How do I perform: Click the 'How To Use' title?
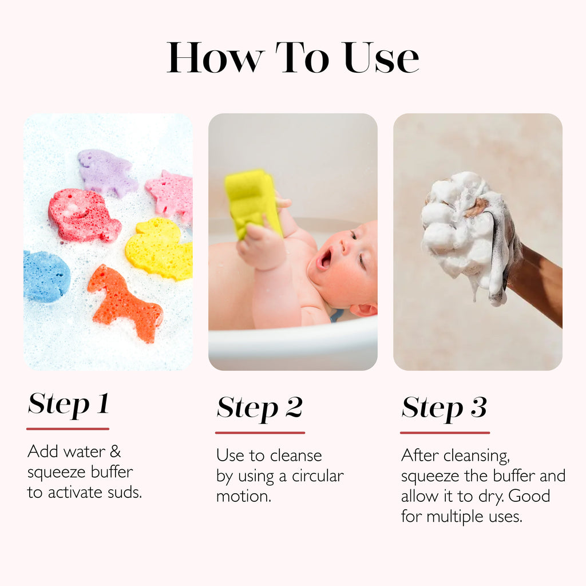coord(293,57)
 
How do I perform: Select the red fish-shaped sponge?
coord(83,215)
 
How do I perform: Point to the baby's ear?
coord(363,310)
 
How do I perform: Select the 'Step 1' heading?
coord(68,404)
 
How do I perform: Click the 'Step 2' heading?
coord(259,407)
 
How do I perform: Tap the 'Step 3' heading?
coord(444,407)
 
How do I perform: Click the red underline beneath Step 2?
coord(260,433)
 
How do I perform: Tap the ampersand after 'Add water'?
coord(115,452)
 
